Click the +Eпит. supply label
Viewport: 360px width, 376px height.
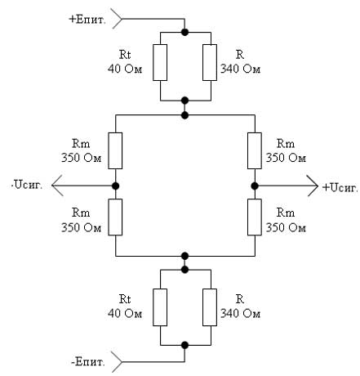click(87, 20)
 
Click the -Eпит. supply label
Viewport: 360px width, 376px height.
click(88, 362)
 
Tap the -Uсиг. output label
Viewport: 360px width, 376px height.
click(27, 186)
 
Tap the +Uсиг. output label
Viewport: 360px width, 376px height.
click(340, 187)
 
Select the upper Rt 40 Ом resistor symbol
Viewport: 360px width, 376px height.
click(160, 62)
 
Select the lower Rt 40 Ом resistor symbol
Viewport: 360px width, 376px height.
click(160, 307)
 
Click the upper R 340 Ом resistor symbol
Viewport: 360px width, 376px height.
click(210, 62)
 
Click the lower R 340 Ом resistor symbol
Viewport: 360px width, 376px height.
click(210, 307)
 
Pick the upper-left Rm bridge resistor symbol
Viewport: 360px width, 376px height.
click(115, 150)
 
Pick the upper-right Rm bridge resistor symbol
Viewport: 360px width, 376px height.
click(255, 150)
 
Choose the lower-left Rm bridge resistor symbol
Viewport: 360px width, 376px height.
click(115, 217)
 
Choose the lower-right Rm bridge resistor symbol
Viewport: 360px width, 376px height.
click(255, 217)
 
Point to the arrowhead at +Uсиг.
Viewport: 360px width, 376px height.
click(313, 186)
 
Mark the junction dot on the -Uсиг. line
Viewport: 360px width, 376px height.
click(116, 186)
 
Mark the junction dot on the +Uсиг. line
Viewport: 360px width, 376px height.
click(255, 186)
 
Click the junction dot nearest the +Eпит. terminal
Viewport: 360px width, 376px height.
click(185, 32)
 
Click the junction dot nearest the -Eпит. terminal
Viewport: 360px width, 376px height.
click(185, 345)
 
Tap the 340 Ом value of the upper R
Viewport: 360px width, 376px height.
click(240, 69)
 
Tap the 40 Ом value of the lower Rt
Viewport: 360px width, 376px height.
click(125, 314)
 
